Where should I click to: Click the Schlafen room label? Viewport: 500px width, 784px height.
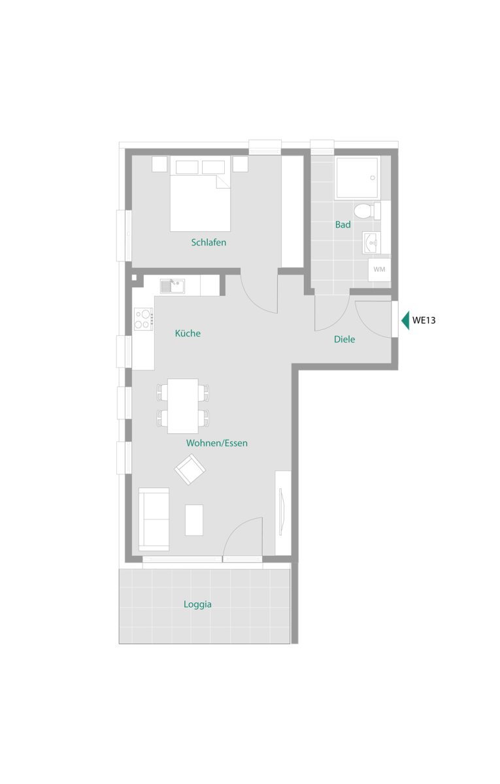click(208, 242)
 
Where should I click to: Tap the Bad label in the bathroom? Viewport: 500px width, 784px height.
click(342, 224)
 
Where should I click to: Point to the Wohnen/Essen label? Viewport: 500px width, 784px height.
click(217, 443)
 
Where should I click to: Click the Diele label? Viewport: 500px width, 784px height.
click(344, 339)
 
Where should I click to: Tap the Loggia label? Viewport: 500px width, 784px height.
click(197, 604)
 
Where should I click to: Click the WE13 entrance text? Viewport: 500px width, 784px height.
click(424, 320)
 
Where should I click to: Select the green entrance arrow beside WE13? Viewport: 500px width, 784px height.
click(405, 320)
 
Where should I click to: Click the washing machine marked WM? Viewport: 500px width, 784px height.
click(379, 269)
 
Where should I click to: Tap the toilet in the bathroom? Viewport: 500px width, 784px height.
click(367, 211)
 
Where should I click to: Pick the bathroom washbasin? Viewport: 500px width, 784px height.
click(371, 242)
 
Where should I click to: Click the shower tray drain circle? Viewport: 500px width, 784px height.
click(373, 178)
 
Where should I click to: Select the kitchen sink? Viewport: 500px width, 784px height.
click(173, 286)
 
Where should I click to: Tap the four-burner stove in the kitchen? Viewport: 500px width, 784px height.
click(144, 319)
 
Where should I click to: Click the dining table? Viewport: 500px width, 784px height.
click(183, 406)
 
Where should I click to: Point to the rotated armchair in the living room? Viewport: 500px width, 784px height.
click(190, 469)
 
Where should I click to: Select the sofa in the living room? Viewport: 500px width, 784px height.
click(154, 519)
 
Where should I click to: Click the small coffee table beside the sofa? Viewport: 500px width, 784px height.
click(194, 520)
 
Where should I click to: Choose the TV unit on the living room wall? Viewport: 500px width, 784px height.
click(283, 513)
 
